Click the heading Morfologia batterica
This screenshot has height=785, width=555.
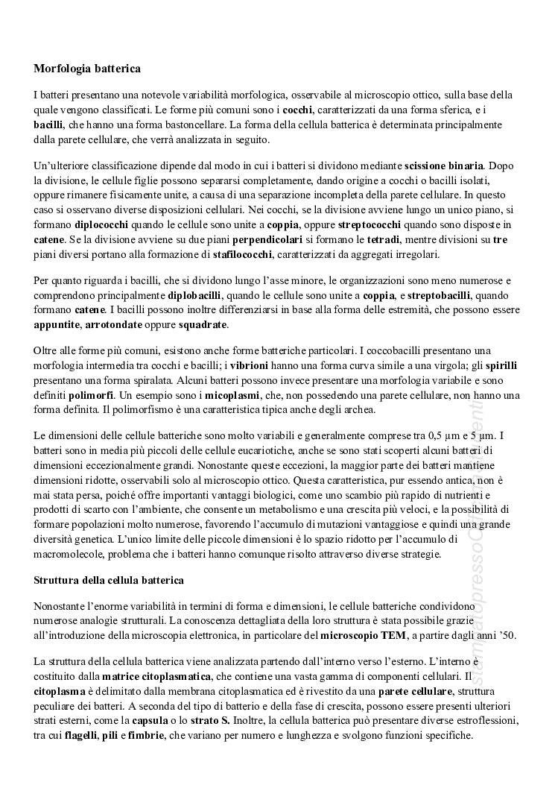(x=87, y=69)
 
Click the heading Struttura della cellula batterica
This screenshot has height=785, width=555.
(x=109, y=579)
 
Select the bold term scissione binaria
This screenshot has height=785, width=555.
(x=444, y=165)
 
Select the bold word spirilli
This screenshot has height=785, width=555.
(x=502, y=365)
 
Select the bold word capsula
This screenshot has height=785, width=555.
(x=148, y=721)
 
